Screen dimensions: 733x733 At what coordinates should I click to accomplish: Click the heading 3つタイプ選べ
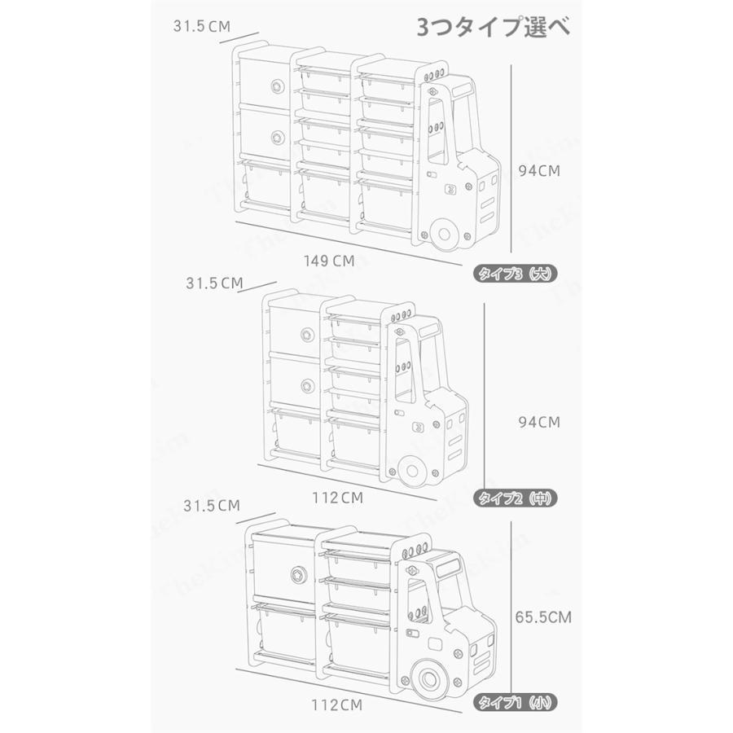(x=494, y=27)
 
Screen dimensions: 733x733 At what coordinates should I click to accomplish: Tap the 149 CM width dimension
(x=328, y=261)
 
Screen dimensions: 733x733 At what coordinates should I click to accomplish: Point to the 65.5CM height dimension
(x=542, y=617)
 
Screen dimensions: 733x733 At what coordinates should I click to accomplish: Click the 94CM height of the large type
(x=542, y=171)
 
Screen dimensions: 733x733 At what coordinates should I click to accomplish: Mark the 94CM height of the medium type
(x=539, y=422)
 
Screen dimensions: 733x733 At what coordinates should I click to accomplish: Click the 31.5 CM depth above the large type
(x=201, y=26)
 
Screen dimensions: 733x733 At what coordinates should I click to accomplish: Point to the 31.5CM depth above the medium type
(x=214, y=283)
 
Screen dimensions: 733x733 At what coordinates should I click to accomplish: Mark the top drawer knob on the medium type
(x=307, y=333)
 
